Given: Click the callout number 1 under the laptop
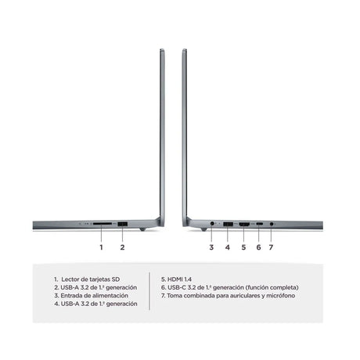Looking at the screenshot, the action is click(x=101, y=247).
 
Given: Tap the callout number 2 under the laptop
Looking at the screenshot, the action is click(x=122, y=247).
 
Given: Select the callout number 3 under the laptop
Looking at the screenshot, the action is click(x=211, y=247).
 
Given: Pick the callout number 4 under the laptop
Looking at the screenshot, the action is click(x=228, y=247).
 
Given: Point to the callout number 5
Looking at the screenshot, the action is click(x=243, y=247).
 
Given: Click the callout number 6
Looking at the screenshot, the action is click(x=258, y=247).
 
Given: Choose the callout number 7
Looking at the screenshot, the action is click(x=271, y=247).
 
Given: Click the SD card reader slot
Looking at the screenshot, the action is click(x=103, y=224).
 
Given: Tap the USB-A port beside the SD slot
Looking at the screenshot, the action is click(x=122, y=224).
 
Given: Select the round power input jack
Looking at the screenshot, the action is click(x=212, y=224).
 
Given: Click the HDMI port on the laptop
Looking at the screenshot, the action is click(x=244, y=224).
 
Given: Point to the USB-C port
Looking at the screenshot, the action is click(x=259, y=224).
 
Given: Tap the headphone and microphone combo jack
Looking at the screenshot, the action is click(x=272, y=224).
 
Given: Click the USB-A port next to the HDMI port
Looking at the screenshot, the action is click(x=228, y=224).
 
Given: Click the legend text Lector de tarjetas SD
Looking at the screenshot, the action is click(x=91, y=279).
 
